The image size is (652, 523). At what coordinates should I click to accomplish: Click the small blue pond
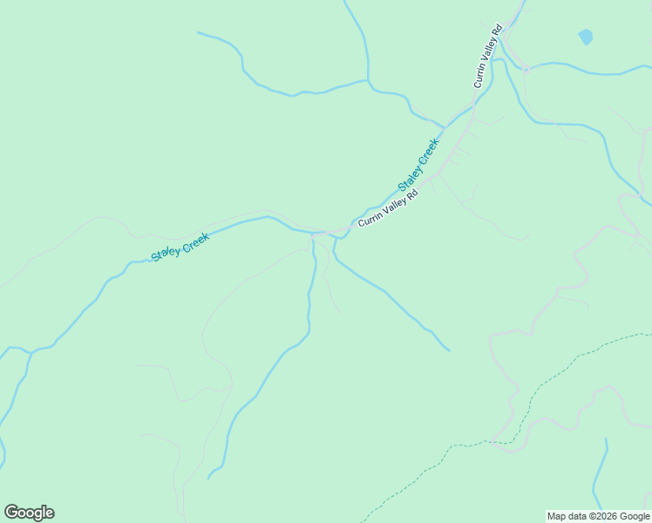point(586,37)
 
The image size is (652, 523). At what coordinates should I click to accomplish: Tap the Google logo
point(29,513)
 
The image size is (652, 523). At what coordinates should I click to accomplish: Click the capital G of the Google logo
point(10,513)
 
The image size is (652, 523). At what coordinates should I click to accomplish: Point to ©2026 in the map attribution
point(604,516)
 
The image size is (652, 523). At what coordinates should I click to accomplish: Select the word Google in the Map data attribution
point(635,516)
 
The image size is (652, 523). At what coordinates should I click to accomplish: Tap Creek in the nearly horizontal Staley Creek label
point(194,240)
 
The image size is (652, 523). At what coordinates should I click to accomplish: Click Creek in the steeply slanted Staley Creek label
point(428,150)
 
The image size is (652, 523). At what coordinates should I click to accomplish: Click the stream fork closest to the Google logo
point(29,352)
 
